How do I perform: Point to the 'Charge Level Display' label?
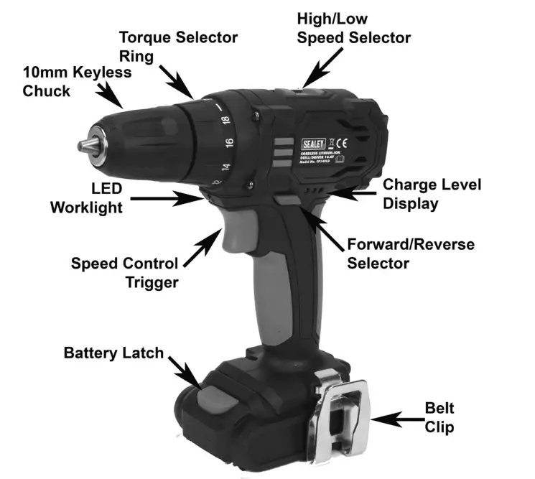(x=431, y=194)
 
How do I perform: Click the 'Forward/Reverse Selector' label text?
(x=410, y=254)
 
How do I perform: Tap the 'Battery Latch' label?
(x=113, y=353)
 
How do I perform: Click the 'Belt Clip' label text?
(x=439, y=418)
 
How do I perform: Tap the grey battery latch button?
(x=215, y=396)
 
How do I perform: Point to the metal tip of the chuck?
(x=85, y=145)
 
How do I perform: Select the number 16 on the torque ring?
(x=229, y=143)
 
